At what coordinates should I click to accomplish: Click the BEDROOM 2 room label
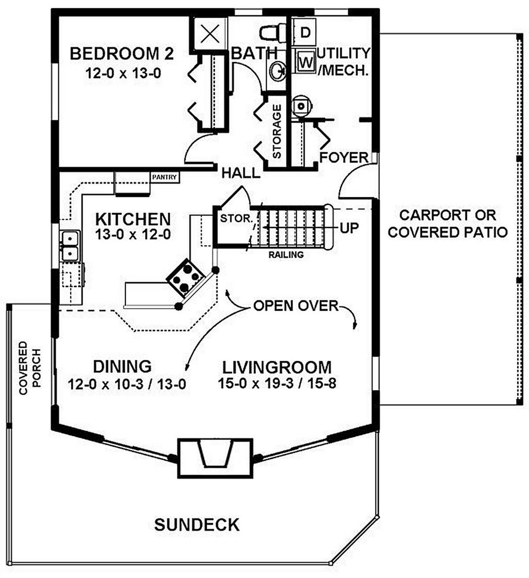[121, 53]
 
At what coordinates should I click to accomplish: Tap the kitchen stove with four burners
[185, 278]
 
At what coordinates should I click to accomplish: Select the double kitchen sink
[69, 246]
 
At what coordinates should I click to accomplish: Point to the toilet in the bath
[272, 33]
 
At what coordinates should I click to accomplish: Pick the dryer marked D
[305, 32]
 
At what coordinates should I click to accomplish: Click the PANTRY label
[165, 177]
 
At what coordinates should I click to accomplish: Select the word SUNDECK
[197, 525]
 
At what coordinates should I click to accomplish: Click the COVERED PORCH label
[29, 368]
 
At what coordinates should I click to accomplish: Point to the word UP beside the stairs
[349, 227]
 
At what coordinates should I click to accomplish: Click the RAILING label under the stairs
[285, 254]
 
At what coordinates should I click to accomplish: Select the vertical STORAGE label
[277, 131]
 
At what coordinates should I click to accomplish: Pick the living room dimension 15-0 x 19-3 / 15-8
[277, 384]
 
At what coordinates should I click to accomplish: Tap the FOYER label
[344, 157]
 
